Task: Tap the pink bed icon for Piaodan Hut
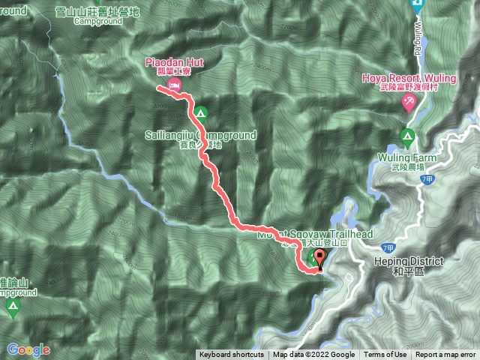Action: pos(174,87)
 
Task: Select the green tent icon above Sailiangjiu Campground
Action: pos(200,114)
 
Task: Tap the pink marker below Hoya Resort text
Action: pos(409,104)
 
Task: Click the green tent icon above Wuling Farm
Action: pos(407,136)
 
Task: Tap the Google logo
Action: pos(28,349)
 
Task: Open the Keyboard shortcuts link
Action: pos(231,355)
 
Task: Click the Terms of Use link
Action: pos(385,355)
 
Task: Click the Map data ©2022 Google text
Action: pos(313,355)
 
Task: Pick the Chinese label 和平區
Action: pos(408,271)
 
